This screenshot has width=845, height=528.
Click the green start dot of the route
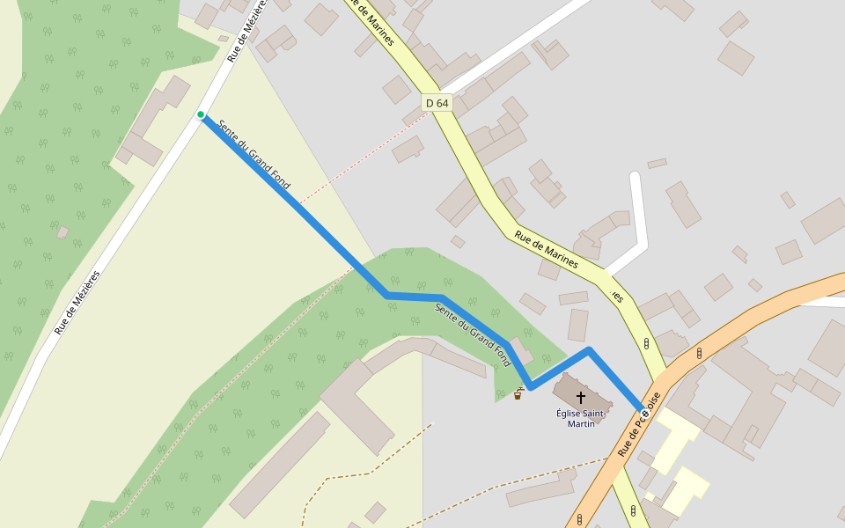point(201,114)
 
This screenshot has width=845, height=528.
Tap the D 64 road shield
point(437,103)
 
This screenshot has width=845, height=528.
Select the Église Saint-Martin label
point(580,418)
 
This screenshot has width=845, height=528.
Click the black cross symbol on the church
point(580,398)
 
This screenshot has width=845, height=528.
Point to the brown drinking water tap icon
point(518,394)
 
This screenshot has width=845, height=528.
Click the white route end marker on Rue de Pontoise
point(644,411)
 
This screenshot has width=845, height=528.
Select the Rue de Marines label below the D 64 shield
point(546,249)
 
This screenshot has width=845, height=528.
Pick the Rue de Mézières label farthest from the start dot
point(77,302)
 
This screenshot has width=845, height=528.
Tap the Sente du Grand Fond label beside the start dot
point(253,155)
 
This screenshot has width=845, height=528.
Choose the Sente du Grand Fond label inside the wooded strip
point(473,334)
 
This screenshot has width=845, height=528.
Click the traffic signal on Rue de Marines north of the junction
point(647,343)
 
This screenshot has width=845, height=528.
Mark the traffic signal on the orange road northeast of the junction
point(699,353)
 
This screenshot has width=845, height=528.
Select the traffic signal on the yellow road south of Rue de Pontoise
point(633,510)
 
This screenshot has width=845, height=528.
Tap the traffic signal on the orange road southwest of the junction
point(578,519)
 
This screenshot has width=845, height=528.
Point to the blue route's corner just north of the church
point(589,350)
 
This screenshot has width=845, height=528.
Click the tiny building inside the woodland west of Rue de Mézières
point(62,232)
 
